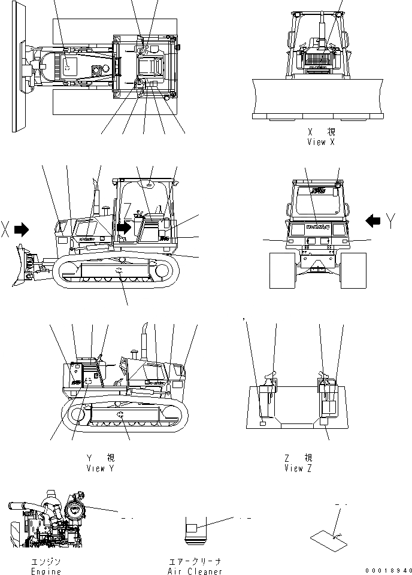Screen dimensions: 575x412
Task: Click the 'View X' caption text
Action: point(320,142)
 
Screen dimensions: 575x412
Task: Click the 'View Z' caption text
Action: point(298,468)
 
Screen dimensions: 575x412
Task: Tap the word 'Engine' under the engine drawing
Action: point(46,571)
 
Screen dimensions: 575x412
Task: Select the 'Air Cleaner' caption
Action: point(195,571)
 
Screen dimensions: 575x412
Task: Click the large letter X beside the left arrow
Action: point(6,229)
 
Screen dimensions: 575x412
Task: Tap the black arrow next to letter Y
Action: point(372,221)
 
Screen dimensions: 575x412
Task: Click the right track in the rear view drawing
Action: point(352,270)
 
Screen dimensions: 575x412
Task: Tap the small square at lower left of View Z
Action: point(263,424)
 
